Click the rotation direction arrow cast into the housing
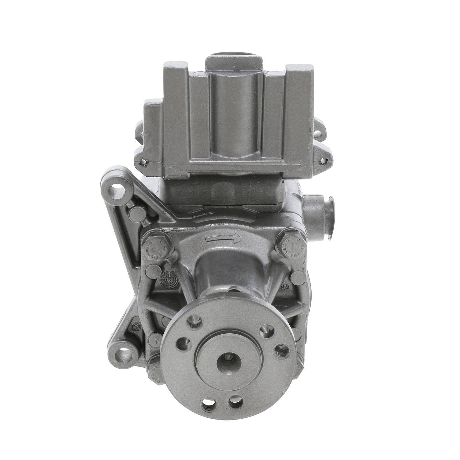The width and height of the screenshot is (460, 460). pyautogui.click(x=224, y=238)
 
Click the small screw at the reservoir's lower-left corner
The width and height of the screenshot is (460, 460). pyautogui.click(x=144, y=163)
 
